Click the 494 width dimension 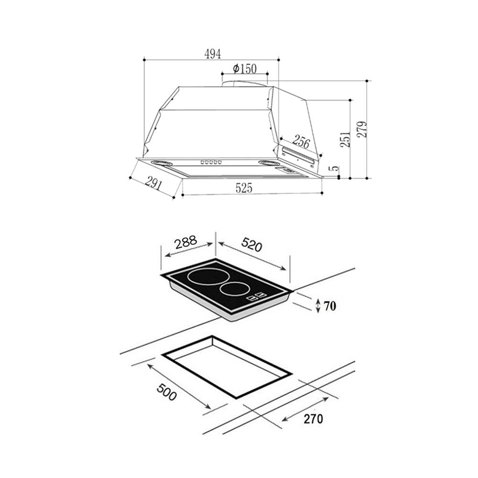click(213, 54)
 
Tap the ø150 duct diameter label click(245, 68)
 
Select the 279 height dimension click(362, 129)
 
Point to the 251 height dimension click(346, 140)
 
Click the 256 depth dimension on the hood click(301, 142)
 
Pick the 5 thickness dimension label click(335, 169)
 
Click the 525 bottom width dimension click(244, 188)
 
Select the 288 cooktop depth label click(185, 242)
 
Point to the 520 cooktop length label click(251, 245)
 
